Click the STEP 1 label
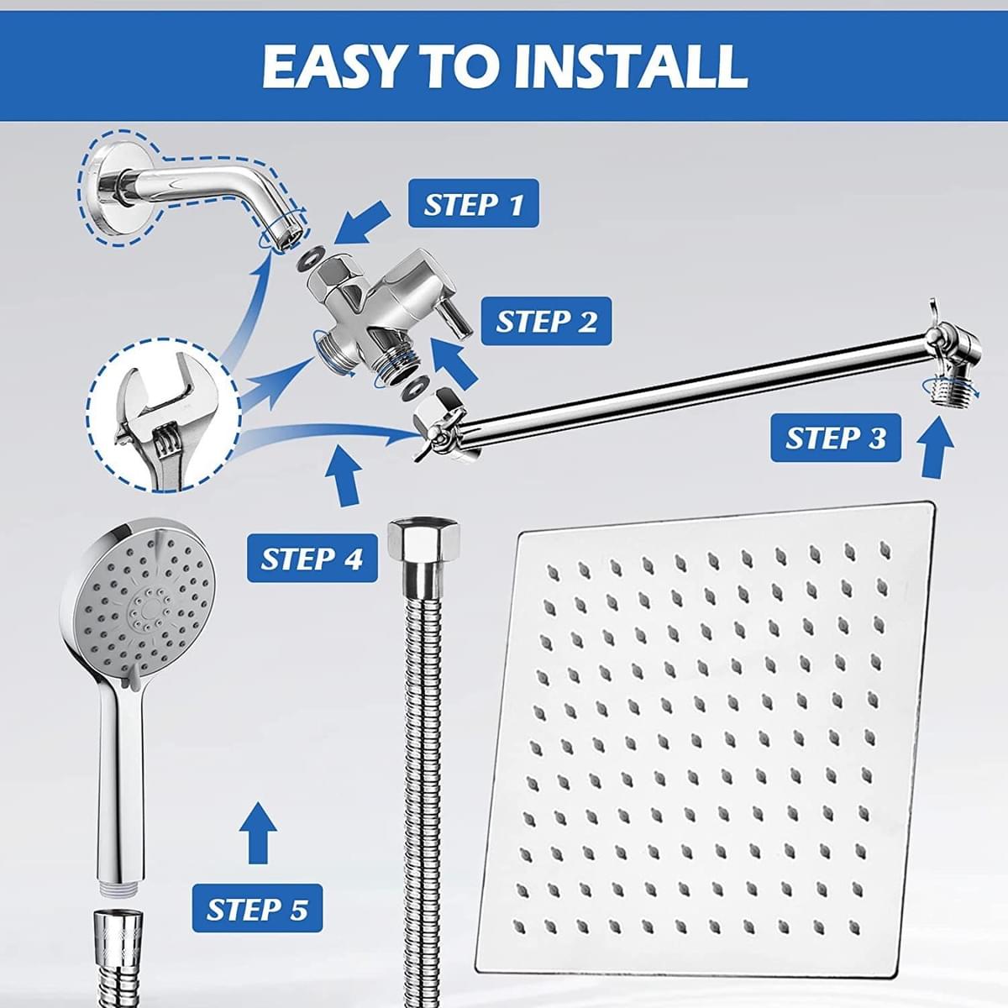tap(473, 205)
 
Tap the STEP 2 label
tap(546, 322)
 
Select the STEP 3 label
tap(835, 438)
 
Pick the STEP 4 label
tap(312, 559)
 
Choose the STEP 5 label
tap(257, 909)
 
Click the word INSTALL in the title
tap(631, 66)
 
